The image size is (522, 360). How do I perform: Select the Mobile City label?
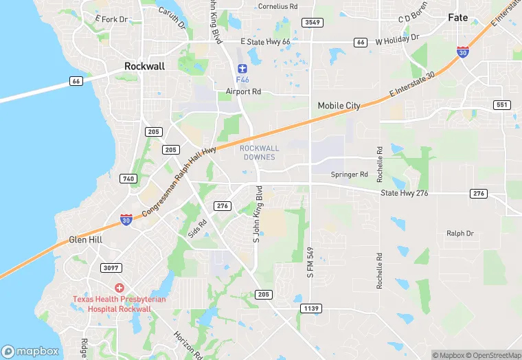339,106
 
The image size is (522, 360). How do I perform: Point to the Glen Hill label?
86,240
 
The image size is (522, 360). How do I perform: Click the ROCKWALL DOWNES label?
259,153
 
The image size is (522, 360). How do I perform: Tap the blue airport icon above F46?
242,69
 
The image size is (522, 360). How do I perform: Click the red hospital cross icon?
119,287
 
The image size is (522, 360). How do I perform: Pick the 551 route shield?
502,104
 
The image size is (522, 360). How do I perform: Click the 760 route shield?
128,179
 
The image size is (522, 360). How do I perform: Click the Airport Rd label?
244,91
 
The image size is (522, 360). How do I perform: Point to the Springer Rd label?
349,175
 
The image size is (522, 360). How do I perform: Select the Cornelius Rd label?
277,6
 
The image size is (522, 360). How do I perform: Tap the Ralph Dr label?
460,234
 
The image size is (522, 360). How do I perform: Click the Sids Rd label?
198,229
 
